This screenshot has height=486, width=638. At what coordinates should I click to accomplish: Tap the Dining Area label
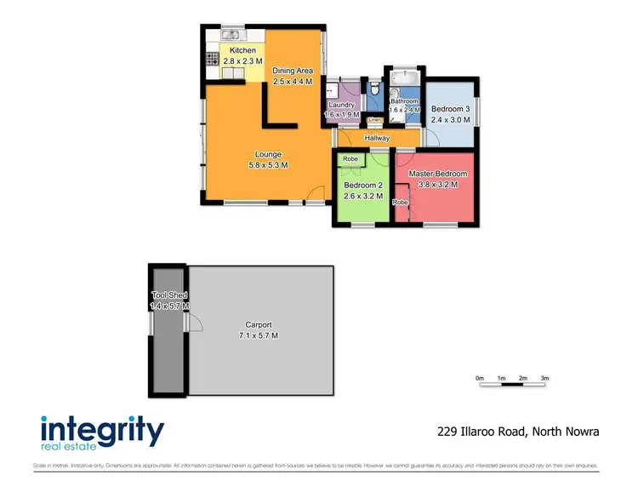pyautogui.click(x=293, y=70)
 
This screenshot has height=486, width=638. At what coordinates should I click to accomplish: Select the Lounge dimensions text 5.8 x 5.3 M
pyautogui.click(x=268, y=165)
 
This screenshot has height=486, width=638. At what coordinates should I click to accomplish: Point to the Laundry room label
pyautogui.click(x=341, y=105)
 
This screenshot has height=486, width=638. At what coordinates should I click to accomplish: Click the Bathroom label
pyautogui.click(x=404, y=102)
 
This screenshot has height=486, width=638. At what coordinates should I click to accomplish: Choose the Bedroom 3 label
pyautogui.click(x=450, y=109)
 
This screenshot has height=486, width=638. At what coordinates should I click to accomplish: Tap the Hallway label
pyautogui.click(x=377, y=138)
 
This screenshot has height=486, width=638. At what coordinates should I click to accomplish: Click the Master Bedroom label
pyautogui.click(x=438, y=174)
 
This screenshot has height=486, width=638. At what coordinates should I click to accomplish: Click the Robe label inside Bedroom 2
pyautogui.click(x=350, y=159)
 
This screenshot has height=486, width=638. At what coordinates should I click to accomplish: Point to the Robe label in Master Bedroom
pyautogui.click(x=400, y=203)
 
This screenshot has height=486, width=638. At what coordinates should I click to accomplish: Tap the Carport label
pyautogui.click(x=259, y=324)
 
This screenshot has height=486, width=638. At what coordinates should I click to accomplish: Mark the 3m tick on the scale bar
pyautogui.click(x=544, y=378)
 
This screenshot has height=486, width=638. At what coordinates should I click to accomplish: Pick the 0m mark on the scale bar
pyautogui.click(x=480, y=378)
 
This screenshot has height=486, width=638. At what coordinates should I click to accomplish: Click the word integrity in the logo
pyautogui.click(x=102, y=429)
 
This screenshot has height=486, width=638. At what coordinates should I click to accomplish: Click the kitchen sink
pyautogui.click(x=230, y=36)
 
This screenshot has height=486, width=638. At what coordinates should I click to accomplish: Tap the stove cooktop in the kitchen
pyautogui.click(x=211, y=60)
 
